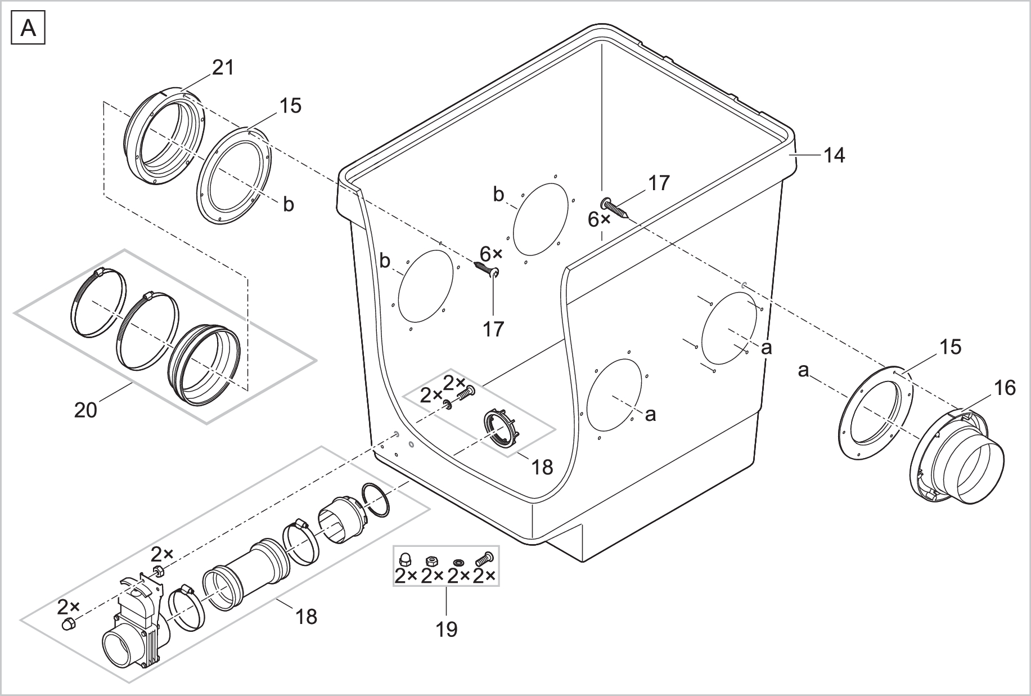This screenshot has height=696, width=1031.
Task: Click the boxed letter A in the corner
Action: coord(28,28)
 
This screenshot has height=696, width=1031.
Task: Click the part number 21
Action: coord(222,68)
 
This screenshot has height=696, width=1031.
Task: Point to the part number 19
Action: coord(447,628)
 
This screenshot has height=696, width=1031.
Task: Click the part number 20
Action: coord(85,410)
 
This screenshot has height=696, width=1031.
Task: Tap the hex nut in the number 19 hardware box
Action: coord(431,560)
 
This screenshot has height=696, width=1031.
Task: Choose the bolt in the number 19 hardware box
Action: coord(484,559)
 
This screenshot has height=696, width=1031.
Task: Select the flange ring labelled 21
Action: coord(163,137)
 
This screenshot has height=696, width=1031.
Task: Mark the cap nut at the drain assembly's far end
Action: coord(68,624)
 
